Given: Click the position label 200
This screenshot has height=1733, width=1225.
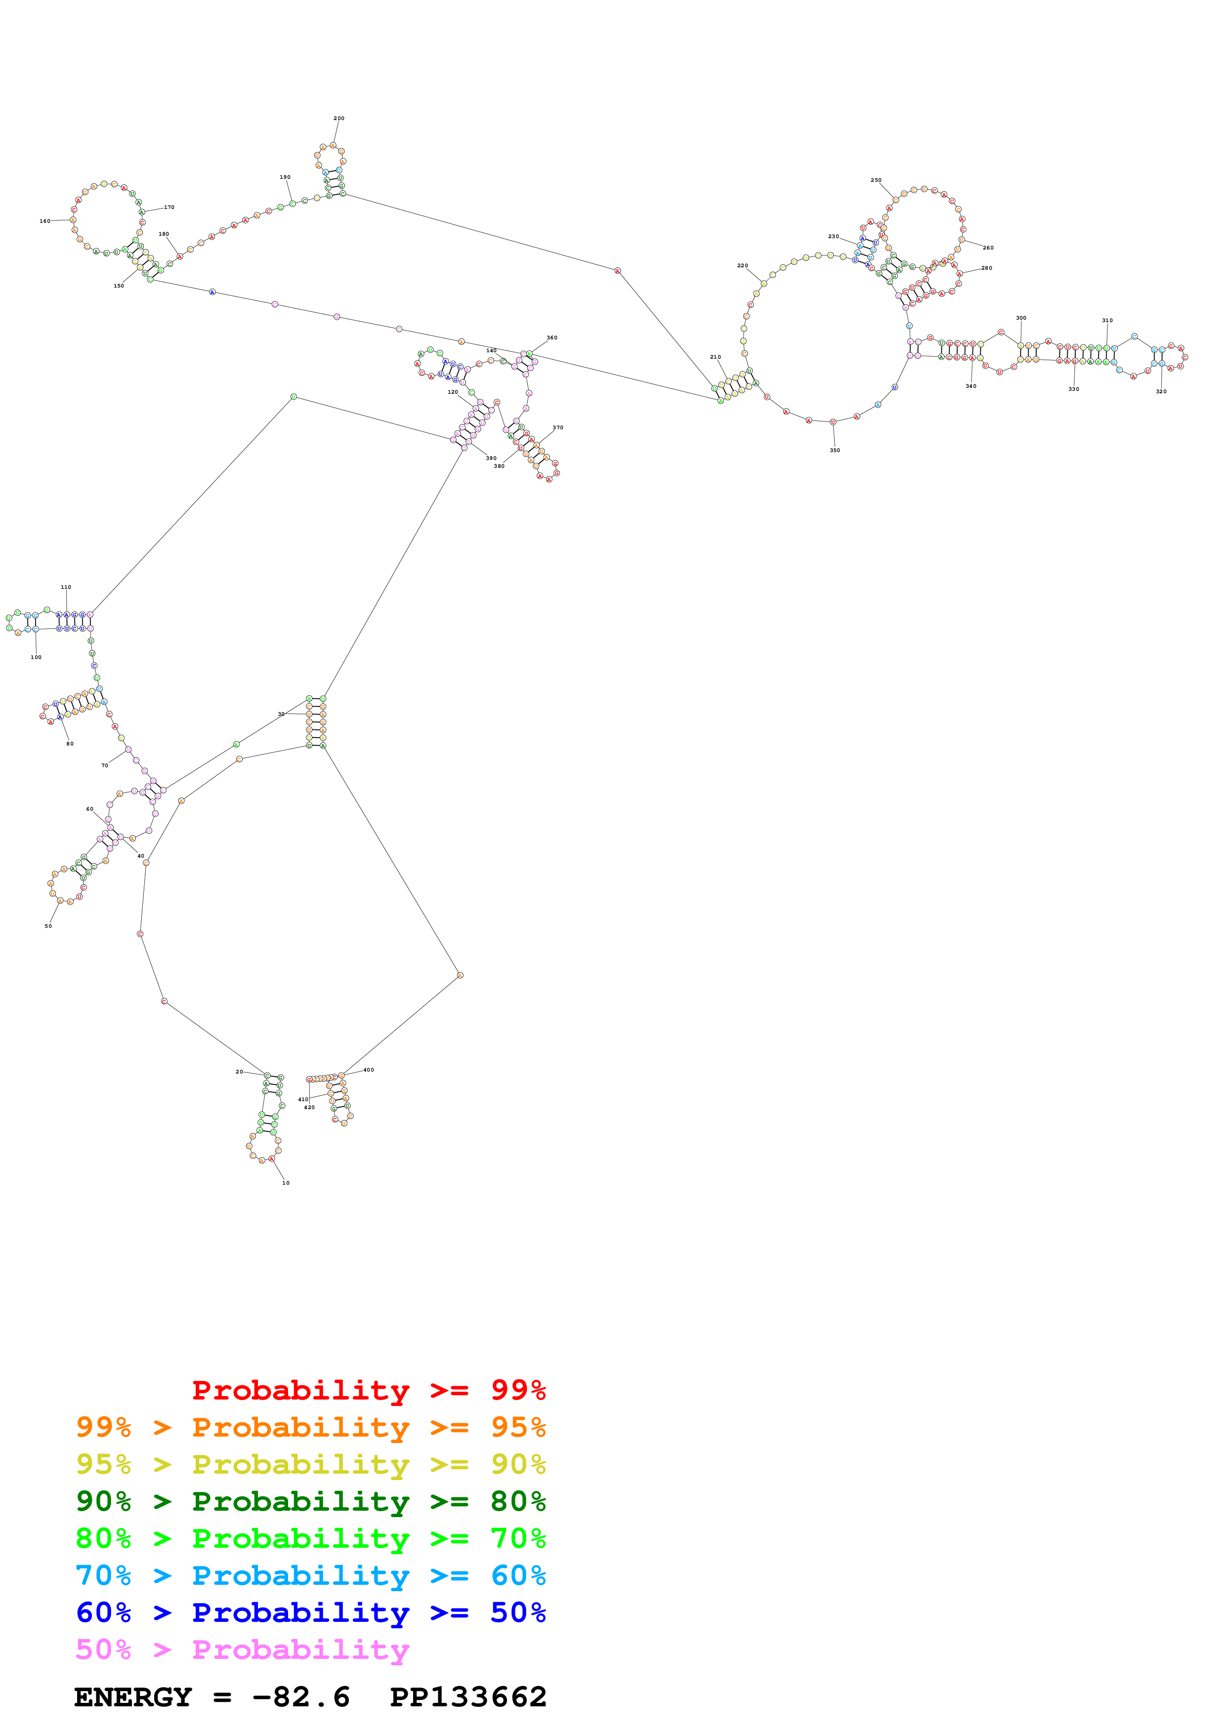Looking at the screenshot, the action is coord(339,119).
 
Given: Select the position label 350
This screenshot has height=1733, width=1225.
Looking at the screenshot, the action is coord(834,451).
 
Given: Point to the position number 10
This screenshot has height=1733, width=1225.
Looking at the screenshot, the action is coord(285,1183).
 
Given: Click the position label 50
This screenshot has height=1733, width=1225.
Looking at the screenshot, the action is coord(48,926).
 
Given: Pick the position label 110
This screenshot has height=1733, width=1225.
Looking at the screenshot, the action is coord(66,587).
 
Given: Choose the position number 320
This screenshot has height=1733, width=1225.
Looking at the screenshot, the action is coord(1161,392).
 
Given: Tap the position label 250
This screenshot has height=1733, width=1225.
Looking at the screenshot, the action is coord(876,180).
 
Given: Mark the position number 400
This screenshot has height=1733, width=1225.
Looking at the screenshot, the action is coord(368,1070).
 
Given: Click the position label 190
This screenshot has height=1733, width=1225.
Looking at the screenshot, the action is coord(285,177).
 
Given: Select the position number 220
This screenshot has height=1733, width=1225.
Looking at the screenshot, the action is coord(743,266).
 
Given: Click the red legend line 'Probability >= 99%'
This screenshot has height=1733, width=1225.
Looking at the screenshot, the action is coord(368,1390).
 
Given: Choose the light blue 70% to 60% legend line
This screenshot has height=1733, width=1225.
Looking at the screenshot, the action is coord(310,1575).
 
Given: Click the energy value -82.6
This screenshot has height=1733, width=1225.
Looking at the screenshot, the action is coord(301,1697).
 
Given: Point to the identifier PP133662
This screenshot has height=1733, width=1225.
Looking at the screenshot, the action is coord(468,1697).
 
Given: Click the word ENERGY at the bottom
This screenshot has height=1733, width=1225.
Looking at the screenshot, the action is coord(133,1697).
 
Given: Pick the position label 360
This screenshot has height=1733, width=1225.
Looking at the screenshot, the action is coord(552,338).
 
